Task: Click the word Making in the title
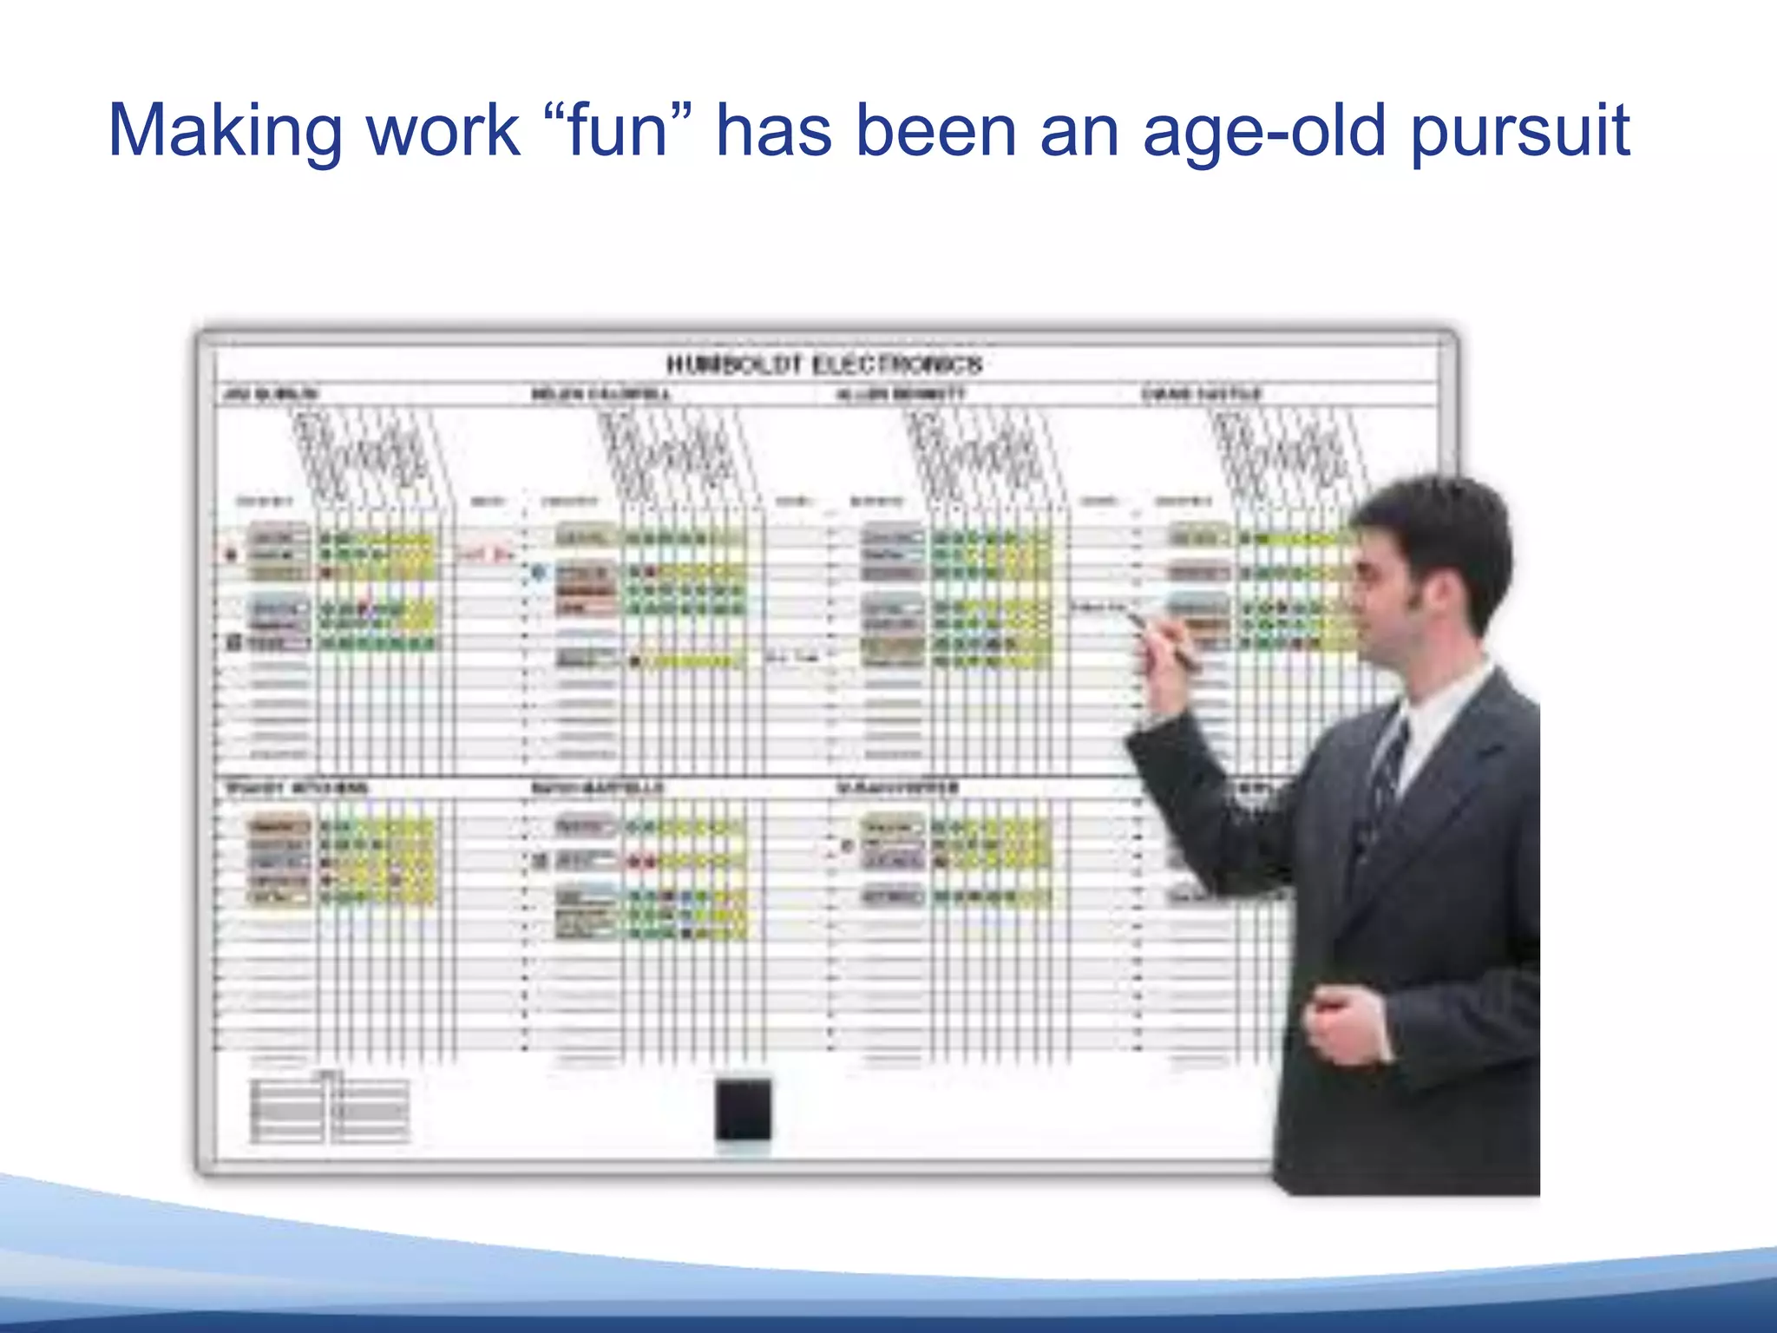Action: pos(224,131)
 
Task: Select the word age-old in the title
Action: pos(1263,131)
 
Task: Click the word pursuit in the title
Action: pos(1520,131)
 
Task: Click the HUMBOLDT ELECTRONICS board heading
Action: pos(824,364)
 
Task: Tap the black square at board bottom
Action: pos(743,1109)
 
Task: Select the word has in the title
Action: pos(773,131)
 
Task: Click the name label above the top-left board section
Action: pos(271,395)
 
